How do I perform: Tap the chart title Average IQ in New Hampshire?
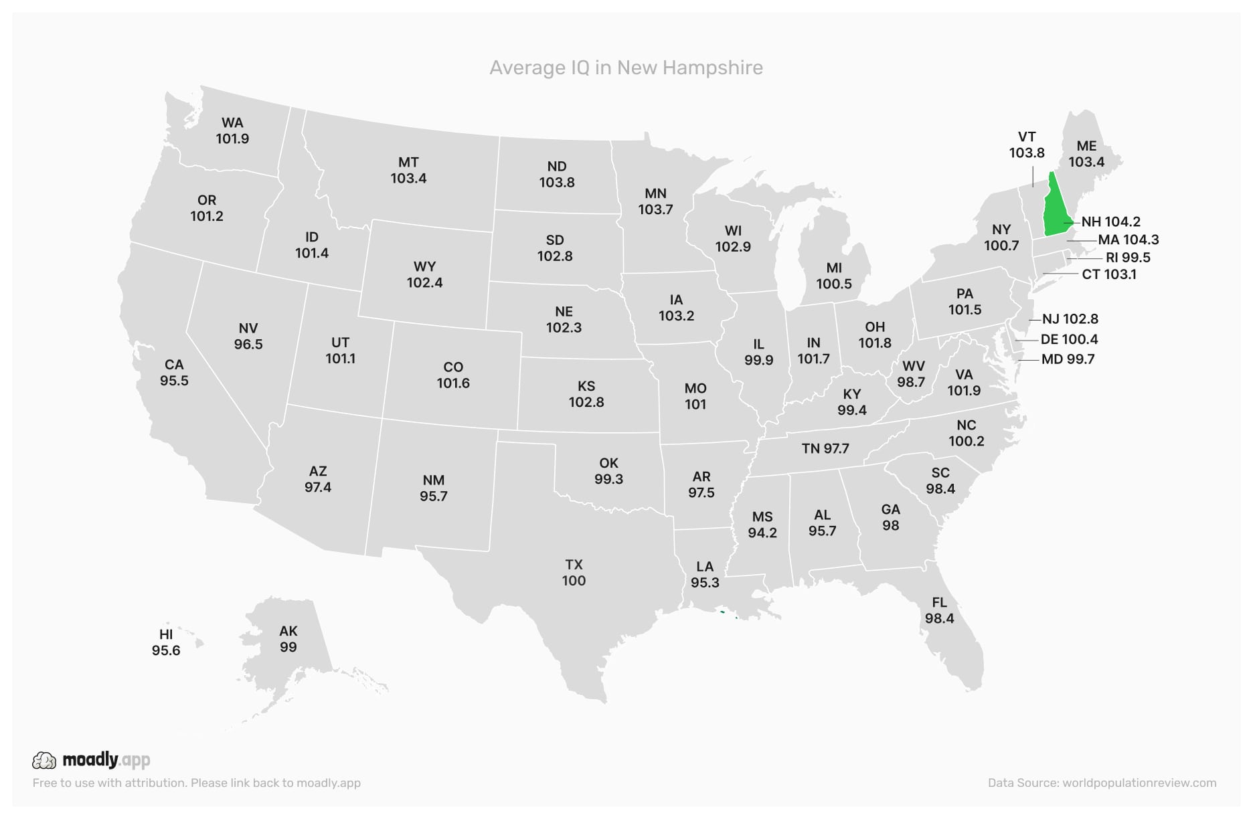(626, 68)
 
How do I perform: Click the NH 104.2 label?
(1110, 221)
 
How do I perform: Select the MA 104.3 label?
(1128, 240)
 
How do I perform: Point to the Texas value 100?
(574, 581)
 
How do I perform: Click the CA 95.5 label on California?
(174, 373)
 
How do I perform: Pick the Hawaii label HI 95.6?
(166, 642)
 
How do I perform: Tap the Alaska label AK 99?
(288, 639)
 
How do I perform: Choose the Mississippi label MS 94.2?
(762, 525)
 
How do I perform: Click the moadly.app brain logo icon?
(44, 760)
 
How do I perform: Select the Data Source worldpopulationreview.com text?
(1102, 783)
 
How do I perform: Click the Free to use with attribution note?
(196, 783)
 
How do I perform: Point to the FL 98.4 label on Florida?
(939, 610)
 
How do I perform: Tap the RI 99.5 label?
(1128, 258)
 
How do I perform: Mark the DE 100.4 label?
(1069, 339)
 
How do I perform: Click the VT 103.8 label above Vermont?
(1027, 145)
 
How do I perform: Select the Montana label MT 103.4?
(408, 170)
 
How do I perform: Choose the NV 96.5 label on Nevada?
(248, 336)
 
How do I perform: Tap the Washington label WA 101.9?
(232, 130)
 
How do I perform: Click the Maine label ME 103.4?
(1086, 154)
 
